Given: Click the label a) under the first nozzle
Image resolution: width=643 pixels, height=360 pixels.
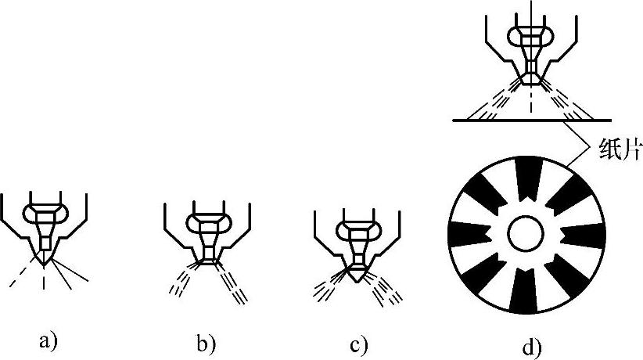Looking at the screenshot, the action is pyautogui.click(x=48, y=340).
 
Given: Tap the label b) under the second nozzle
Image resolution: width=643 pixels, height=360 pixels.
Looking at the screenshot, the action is pyautogui.click(x=206, y=341).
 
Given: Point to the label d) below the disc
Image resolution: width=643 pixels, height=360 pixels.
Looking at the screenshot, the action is pyautogui.click(x=532, y=344).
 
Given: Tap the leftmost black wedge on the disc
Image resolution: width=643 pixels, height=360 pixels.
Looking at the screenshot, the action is pyautogui.click(x=468, y=232).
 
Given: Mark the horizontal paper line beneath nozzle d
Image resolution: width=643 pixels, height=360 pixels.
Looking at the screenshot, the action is pyautogui.click(x=532, y=120).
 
